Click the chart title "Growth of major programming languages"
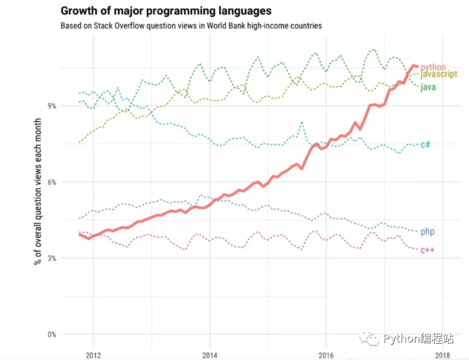(166, 11)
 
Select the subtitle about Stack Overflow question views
(191, 26)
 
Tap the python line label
(433, 67)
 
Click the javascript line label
(439, 75)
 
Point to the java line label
(428, 87)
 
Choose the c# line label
(425, 145)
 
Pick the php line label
(427, 232)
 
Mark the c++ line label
(427, 250)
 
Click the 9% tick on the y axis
(51, 106)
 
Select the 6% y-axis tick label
(51, 182)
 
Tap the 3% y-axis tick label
(51, 258)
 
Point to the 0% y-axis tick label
(51, 334)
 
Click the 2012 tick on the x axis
(93, 355)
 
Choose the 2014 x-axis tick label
(210, 355)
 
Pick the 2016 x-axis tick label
(326, 355)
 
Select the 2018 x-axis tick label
(442, 355)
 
